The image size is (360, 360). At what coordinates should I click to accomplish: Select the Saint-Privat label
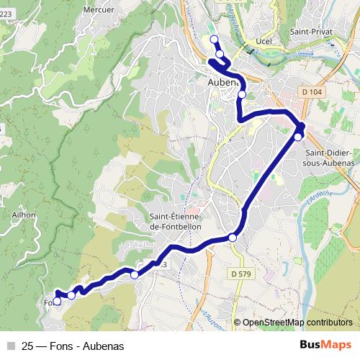coord(310,32)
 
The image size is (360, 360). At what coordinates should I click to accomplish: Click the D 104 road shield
coord(311,91)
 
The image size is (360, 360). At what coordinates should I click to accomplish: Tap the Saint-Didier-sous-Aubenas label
coord(330,158)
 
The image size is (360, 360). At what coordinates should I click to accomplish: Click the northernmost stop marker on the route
coord(213,39)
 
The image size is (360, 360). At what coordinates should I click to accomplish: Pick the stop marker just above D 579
coord(233,238)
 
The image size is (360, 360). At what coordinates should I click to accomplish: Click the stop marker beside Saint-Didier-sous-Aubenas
coord(298,137)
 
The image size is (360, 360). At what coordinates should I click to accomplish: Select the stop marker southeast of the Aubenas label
coord(242,94)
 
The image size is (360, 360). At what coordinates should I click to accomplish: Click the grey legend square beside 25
coord(11,346)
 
